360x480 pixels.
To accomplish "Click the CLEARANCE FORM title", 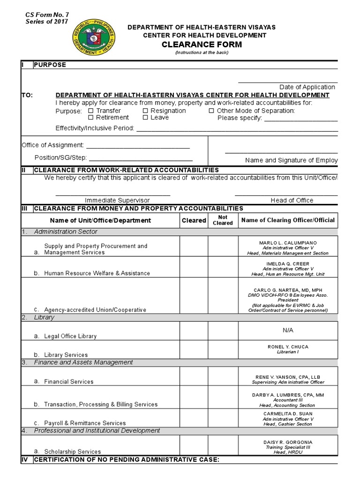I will tap(202, 45).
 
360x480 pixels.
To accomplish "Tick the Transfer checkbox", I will tap(91, 111).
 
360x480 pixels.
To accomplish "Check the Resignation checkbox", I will tap(145, 111).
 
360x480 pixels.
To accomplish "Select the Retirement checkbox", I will tap(91, 118).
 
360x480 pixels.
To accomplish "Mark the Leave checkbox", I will tap(145, 118).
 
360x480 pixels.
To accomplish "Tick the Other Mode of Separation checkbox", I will tap(211, 111).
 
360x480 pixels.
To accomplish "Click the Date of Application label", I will tap(307, 87).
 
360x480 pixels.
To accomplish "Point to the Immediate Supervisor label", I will tap(117, 200).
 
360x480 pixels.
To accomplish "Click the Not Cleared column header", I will tap(223, 220).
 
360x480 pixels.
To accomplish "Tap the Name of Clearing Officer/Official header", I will tap(288, 220).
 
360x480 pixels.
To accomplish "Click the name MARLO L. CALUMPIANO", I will tap(288, 242).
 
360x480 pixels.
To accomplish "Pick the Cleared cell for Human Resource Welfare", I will tap(194, 267).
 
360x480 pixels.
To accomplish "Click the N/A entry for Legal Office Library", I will tap(288, 330).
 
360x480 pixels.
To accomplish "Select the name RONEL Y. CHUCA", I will tap(288, 347).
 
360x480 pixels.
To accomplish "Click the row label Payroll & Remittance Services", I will tap(85, 423).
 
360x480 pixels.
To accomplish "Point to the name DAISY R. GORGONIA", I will tap(288, 442).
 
